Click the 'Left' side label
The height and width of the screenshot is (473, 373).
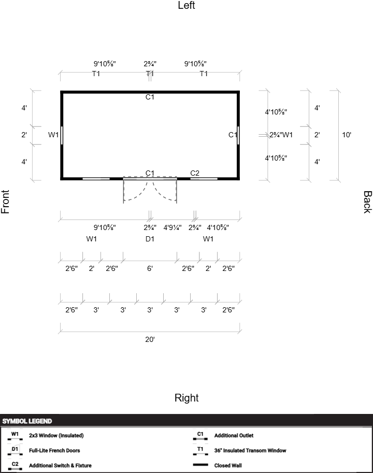187,5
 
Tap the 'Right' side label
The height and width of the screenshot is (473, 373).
187,398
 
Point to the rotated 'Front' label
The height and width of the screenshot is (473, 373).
5,202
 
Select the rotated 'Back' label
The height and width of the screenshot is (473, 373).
368,202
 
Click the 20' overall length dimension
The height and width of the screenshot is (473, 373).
150,339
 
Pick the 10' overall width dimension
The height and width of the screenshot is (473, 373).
347,135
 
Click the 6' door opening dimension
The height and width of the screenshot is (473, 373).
150,268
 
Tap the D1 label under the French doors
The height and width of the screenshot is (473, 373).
150,239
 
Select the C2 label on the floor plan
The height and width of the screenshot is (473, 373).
195,173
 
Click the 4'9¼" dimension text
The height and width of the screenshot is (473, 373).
173,227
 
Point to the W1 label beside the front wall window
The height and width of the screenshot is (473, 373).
53,135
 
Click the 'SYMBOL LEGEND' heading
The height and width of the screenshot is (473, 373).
27,421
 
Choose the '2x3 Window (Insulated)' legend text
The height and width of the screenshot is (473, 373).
56,436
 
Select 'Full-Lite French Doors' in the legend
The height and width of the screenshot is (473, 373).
54,450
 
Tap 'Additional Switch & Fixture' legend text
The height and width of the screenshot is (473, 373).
60,465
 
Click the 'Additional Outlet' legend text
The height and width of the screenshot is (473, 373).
234,436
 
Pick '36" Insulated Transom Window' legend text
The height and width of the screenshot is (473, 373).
250,450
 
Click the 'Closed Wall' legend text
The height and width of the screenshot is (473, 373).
228,465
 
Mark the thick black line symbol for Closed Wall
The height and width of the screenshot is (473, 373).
200,465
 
